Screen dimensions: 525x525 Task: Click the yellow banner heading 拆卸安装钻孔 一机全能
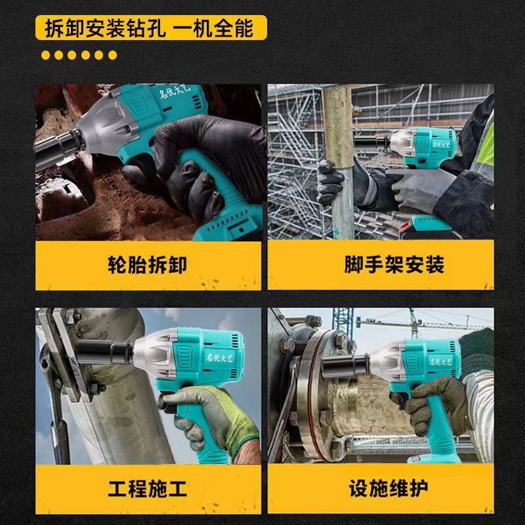click(x=151, y=28)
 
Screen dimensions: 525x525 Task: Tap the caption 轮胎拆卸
click(x=147, y=264)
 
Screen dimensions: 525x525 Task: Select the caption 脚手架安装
click(x=394, y=264)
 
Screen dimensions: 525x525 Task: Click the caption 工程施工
click(x=147, y=488)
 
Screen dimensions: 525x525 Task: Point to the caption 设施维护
click(x=388, y=488)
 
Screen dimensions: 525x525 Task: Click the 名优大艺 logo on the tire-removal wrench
click(x=175, y=91)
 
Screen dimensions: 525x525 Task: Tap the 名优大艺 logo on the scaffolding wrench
click(x=443, y=144)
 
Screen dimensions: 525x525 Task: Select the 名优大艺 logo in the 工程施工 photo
click(x=219, y=358)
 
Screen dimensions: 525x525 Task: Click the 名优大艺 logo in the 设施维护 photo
click(x=440, y=362)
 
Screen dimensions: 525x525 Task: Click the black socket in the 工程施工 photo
click(x=105, y=352)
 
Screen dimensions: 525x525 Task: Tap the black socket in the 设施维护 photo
click(x=345, y=366)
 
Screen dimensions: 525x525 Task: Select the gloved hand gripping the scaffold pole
click(x=330, y=182)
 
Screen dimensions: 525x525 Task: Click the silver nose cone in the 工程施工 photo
click(x=155, y=353)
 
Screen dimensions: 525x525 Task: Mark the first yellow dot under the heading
click(x=45, y=55)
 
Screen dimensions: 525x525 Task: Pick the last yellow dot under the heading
click(x=112, y=55)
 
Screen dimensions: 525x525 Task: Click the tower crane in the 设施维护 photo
click(x=415, y=322)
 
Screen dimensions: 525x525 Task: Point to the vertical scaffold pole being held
click(x=339, y=161)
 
